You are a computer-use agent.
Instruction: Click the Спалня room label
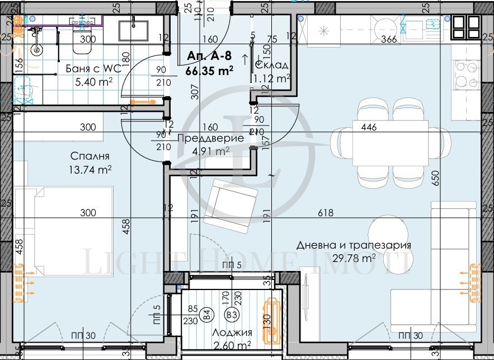tap(90, 157)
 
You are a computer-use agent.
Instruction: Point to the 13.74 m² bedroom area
tap(90, 169)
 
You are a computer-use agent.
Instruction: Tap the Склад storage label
tap(272, 66)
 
